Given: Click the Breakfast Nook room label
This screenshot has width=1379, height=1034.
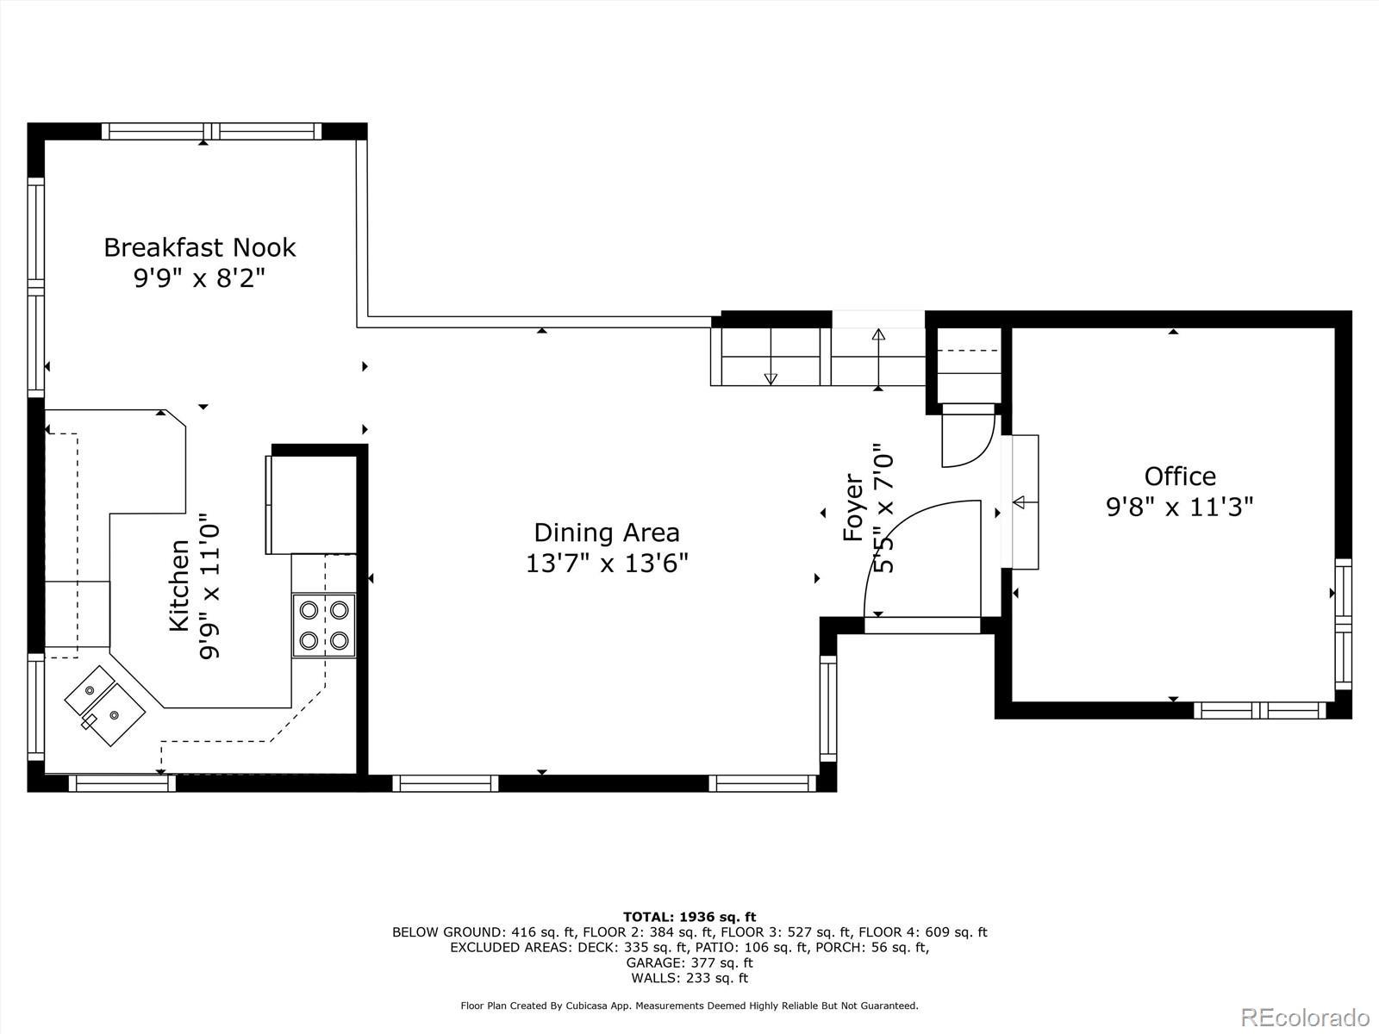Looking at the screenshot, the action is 199,247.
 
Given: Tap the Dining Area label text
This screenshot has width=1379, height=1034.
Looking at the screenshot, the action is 607,533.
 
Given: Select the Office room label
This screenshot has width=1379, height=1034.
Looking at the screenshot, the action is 1180,477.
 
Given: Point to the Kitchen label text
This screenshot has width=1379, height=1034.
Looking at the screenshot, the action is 179,585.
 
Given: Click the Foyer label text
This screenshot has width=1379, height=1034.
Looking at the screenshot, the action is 853,508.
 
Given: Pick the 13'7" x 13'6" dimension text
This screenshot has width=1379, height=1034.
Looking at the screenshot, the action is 607,564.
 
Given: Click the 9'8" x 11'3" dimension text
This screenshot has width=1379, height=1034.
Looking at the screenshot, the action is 1180,507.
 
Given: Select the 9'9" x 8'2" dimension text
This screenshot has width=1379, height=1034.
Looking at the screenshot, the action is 199,277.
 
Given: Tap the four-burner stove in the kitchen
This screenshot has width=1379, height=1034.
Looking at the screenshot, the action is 323,626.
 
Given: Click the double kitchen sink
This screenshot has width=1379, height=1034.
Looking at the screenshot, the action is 105,706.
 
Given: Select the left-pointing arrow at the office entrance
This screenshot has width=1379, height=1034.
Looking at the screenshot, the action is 1019,502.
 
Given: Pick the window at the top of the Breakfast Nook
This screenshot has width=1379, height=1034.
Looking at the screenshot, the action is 212,131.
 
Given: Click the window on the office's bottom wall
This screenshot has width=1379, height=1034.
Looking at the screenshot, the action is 1259,710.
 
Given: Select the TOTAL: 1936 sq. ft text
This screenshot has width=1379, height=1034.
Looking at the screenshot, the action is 689,917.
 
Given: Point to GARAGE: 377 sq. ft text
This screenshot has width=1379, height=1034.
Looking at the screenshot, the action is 689,962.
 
